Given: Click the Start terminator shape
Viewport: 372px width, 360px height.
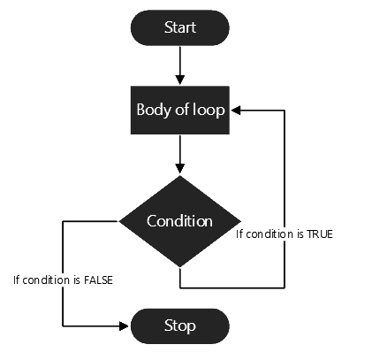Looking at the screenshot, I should (179, 28).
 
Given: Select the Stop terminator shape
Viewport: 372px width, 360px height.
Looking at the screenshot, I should (179, 325).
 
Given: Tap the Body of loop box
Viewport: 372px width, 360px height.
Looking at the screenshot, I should (179, 111).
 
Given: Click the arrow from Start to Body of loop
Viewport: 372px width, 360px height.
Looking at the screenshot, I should (179, 65).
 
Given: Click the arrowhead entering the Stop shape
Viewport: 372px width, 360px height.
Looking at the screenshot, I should (125, 325).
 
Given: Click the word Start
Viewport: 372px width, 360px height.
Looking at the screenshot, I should (179, 28).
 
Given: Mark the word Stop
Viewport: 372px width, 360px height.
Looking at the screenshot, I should (179, 325).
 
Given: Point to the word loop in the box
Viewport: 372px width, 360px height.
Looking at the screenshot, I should (207, 111).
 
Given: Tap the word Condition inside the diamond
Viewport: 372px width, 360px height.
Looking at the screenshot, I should (179, 220).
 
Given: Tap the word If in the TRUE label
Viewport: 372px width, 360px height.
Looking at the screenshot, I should (239, 234).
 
